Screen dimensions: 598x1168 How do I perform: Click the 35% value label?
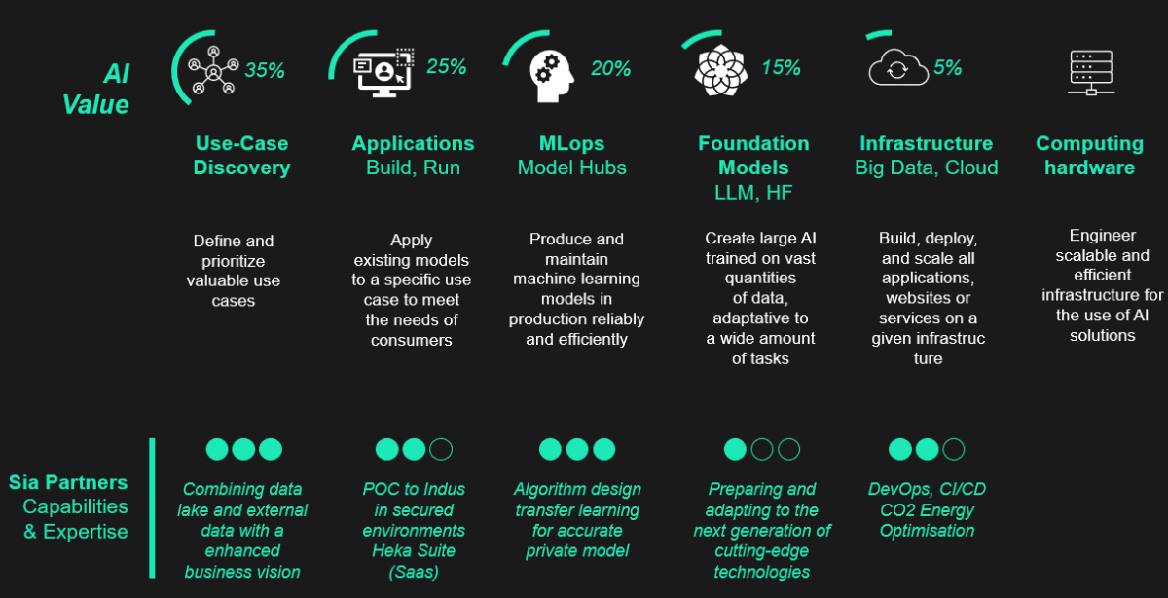tap(265, 70)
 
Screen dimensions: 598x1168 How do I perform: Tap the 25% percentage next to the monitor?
tap(447, 66)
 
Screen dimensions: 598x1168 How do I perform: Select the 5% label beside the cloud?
tap(947, 68)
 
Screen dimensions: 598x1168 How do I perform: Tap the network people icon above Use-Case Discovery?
tap(213, 69)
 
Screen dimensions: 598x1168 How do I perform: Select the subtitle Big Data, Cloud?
tap(927, 168)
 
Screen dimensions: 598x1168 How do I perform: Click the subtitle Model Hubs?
tap(572, 168)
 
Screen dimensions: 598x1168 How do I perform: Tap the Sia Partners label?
tap(68, 482)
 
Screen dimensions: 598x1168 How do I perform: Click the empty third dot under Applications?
tap(441, 449)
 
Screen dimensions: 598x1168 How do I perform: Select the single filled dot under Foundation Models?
tap(735, 449)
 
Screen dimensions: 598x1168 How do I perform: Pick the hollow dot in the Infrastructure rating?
tap(954, 449)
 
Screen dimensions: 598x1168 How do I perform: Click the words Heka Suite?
tap(414, 551)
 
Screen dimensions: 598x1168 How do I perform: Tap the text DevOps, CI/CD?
tap(927, 489)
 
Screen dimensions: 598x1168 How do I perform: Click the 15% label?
tap(781, 67)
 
